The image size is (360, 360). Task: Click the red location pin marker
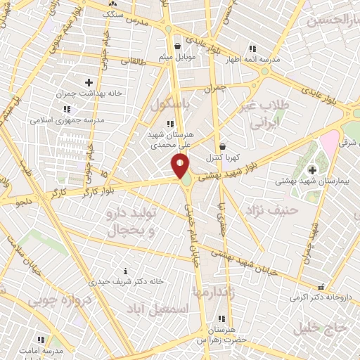pyautogui.click(x=180, y=165)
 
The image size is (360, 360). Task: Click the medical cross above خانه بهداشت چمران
pyautogui.click(x=89, y=83)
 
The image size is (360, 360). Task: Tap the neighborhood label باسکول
pyautogui.click(x=168, y=104)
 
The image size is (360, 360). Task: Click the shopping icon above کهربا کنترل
pyautogui.click(x=223, y=146)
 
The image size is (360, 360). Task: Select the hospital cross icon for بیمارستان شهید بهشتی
pyautogui.click(x=313, y=171)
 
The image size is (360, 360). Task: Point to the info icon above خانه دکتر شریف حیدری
pyautogui.click(x=125, y=271)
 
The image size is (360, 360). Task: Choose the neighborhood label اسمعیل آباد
pyautogui.click(x=157, y=308)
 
